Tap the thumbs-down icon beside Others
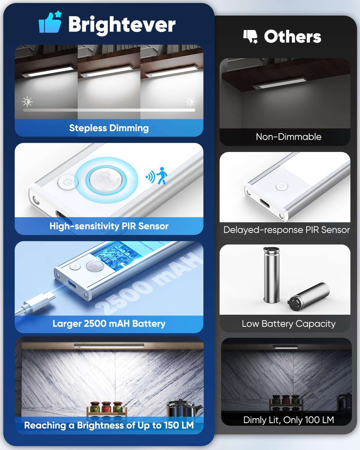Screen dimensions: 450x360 tap(250, 37)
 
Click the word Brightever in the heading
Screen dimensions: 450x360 tap(121, 24)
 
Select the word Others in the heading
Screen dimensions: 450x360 tap(292, 37)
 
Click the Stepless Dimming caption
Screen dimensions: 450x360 tap(109, 128)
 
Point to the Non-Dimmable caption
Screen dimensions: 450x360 tap(288, 137)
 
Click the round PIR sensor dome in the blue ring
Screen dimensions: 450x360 tap(106, 179)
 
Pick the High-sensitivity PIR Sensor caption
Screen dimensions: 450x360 tap(109, 226)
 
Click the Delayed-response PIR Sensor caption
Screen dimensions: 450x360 tap(286, 230)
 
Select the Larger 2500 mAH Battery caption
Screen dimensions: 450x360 tap(109, 323)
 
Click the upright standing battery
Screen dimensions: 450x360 tap(271, 274)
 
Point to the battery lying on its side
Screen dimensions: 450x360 tap(309, 295)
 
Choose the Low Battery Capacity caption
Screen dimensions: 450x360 tap(288, 324)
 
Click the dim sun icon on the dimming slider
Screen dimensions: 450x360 tap(27, 102)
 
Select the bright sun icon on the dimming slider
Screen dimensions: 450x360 tap(190, 102)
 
